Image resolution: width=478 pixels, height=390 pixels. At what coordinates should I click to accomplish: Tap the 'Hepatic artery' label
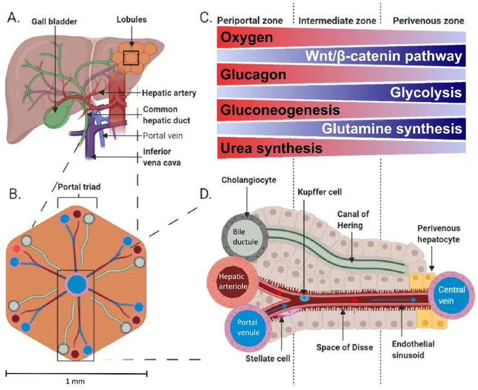[x=170, y=93]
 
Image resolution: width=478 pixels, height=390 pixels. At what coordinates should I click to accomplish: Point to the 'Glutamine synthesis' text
[x=391, y=128]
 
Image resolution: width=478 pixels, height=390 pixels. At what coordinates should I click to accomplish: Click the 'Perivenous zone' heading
[x=428, y=20]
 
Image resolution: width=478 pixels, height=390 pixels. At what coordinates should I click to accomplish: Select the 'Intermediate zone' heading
[x=337, y=20]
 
